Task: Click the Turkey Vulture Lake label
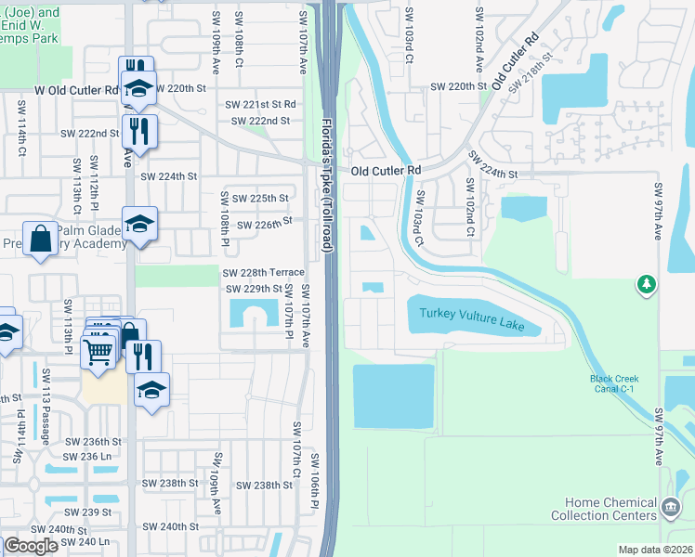point(471,319)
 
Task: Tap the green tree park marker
point(646,283)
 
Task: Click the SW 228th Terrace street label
point(263,272)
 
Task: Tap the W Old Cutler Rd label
point(77,90)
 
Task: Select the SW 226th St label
point(264,224)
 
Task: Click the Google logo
point(31,546)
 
